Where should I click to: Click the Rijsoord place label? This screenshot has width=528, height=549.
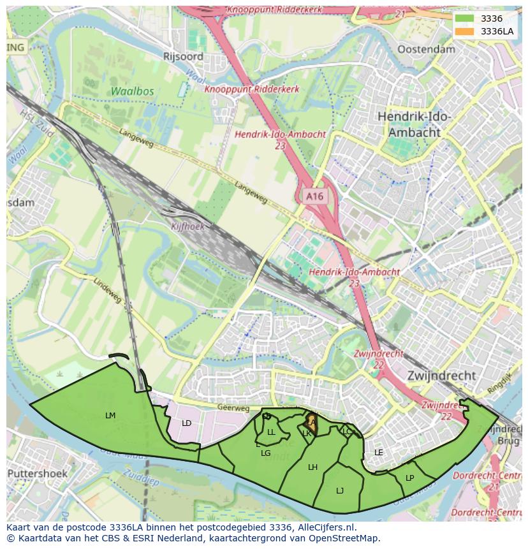click(183, 56)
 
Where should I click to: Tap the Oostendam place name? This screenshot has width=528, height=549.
click(426, 49)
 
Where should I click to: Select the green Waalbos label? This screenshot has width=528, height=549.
click(132, 91)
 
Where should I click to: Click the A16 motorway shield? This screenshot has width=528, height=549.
click(314, 196)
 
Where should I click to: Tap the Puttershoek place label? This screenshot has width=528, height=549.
click(37, 474)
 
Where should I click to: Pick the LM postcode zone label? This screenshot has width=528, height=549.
click(110, 416)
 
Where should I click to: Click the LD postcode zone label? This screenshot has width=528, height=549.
click(186, 423)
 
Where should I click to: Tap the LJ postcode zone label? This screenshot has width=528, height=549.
click(340, 490)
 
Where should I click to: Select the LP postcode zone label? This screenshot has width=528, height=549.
click(409, 478)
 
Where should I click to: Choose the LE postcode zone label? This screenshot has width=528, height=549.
click(379, 453)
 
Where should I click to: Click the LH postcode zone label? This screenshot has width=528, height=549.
click(312, 467)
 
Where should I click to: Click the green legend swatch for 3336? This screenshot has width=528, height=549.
click(464, 18)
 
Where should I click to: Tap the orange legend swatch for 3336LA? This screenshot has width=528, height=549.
click(464, 31)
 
